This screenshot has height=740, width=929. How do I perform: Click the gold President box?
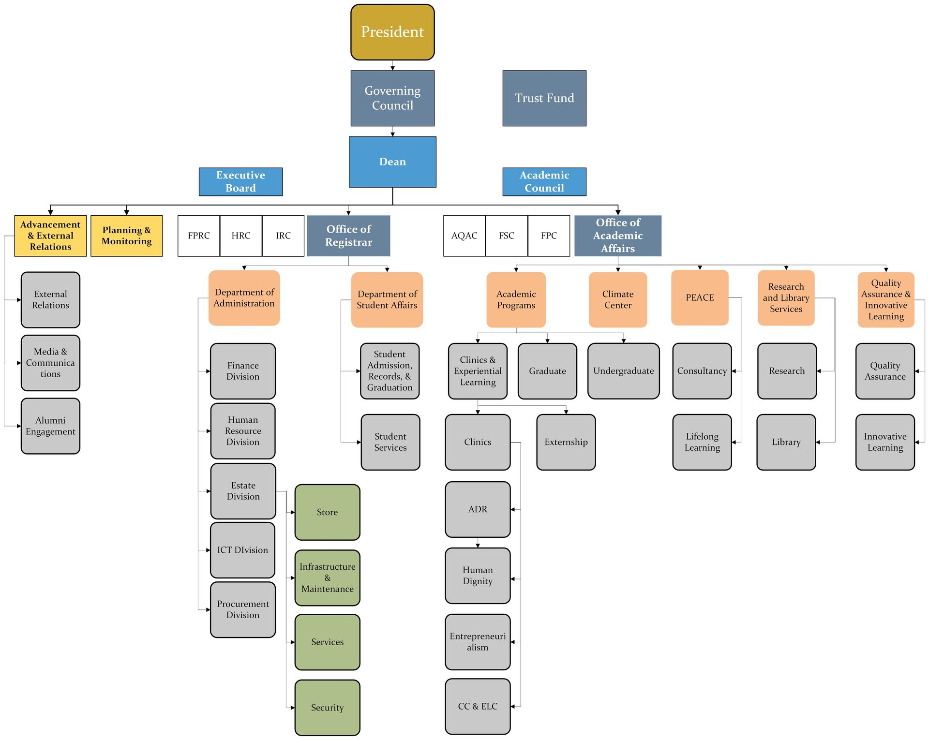[392, 32]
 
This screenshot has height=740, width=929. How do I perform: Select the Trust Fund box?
[544, 98]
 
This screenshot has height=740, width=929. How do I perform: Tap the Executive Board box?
[240, 181]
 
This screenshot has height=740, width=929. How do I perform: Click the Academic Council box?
[544, 181]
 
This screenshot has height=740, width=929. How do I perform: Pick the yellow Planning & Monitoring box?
[126, 236]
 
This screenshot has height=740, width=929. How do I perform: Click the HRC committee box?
[241, 236]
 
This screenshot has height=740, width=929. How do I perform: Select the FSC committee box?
[507, 236]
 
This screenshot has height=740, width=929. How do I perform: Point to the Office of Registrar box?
[348, 236]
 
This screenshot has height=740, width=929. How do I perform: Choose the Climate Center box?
[618, 299]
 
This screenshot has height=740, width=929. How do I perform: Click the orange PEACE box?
[700, 297]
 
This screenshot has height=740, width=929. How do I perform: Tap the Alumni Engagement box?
[50, 426]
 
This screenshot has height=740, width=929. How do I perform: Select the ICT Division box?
[242, 550]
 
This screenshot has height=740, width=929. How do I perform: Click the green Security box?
[327, 708]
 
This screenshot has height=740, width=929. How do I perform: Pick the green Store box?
[327, 512]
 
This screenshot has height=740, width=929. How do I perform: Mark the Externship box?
[566, 442]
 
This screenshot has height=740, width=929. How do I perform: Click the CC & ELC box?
[478, 706]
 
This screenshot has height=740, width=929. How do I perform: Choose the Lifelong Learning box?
[702, 442]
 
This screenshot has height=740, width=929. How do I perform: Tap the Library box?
[786, 442]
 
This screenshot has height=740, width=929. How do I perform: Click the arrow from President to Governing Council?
[392, 65]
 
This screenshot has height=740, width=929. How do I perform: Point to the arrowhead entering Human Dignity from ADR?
[478, 545]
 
